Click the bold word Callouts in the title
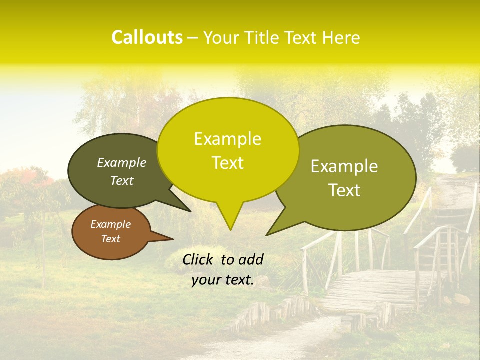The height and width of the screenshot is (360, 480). (147, 37)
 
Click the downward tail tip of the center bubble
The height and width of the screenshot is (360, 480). (230, 230)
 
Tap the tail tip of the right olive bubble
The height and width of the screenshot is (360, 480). (266, 235)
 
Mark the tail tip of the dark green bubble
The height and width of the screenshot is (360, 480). (190, 211)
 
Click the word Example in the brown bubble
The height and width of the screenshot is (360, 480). (110, 224)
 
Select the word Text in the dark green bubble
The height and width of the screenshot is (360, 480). (122, 181)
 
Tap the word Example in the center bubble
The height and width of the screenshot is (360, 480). (227, 139)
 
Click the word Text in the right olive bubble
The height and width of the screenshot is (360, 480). (345, 190)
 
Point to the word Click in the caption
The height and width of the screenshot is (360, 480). (197, 259)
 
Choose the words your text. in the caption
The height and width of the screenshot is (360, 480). (222, 280)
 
